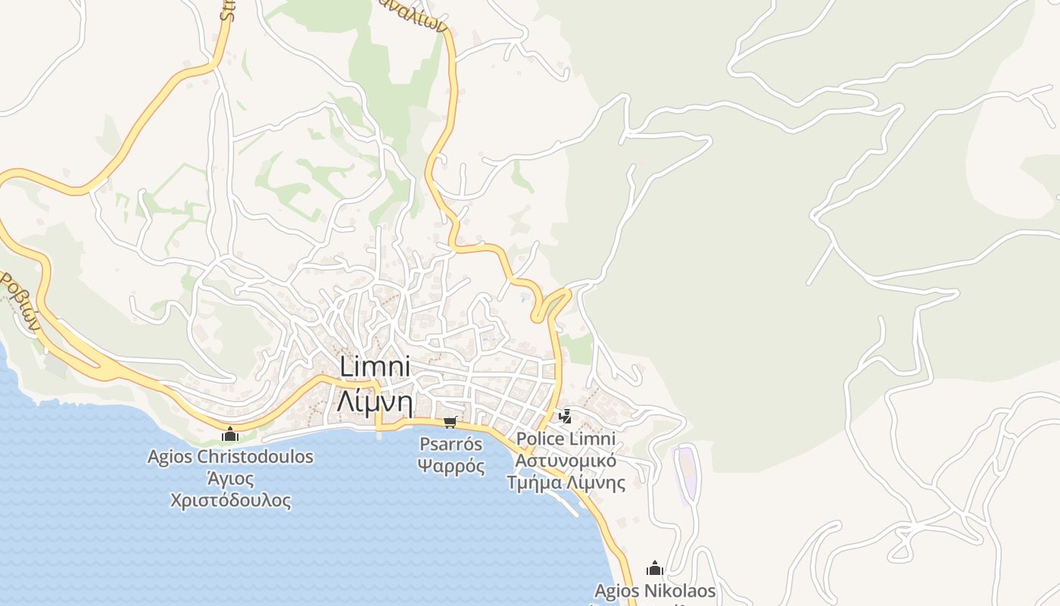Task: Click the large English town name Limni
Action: point(375,367)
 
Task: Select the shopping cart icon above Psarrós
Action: point(450,422)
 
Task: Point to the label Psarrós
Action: point(451,444)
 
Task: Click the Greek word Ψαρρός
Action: point(451,465)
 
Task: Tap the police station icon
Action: point(565,416)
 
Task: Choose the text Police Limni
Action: point(565,439)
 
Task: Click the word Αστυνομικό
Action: point(565,461)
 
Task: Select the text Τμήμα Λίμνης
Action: point(565,483)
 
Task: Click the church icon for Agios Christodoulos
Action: point(230,435)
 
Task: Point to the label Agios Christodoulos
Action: point(230,457)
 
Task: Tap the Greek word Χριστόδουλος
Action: point(230,500)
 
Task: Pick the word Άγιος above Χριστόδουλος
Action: point(230,479)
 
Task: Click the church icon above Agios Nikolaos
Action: point(655,568)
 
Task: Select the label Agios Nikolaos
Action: point(655,591)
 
